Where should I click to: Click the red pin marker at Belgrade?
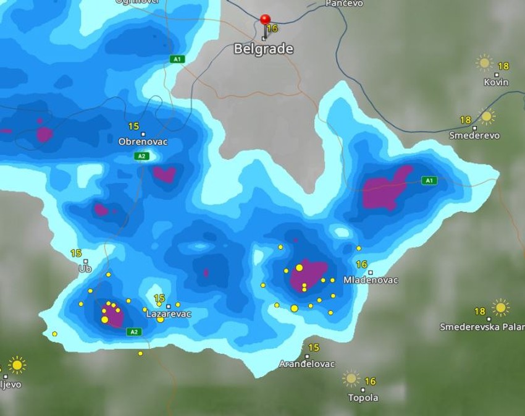[265, 20]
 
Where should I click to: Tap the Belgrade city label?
[263, 49]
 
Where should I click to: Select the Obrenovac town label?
[143, 142]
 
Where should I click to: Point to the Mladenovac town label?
[371, 280]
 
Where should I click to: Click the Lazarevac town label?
[168, 314]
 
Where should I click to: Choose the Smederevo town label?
[474, 135]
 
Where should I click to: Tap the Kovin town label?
[496, 82]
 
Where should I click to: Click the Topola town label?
[363, 397]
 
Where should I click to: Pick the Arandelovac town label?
[307, 364]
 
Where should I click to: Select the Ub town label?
[85, 269]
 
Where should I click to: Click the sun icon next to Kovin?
[484, 62]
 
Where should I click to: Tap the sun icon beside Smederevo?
[487, 116]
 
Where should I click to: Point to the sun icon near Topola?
[351, 378]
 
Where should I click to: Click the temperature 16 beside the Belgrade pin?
[272, 28]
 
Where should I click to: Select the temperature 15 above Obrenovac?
[133, 126]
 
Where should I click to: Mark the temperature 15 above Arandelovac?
[313, 348]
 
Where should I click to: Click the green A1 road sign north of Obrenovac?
[177, 59]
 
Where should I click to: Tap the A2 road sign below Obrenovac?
[141, 156]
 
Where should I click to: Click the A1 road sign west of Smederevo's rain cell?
[429, 180]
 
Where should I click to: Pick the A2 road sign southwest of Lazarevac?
[133, 332]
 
